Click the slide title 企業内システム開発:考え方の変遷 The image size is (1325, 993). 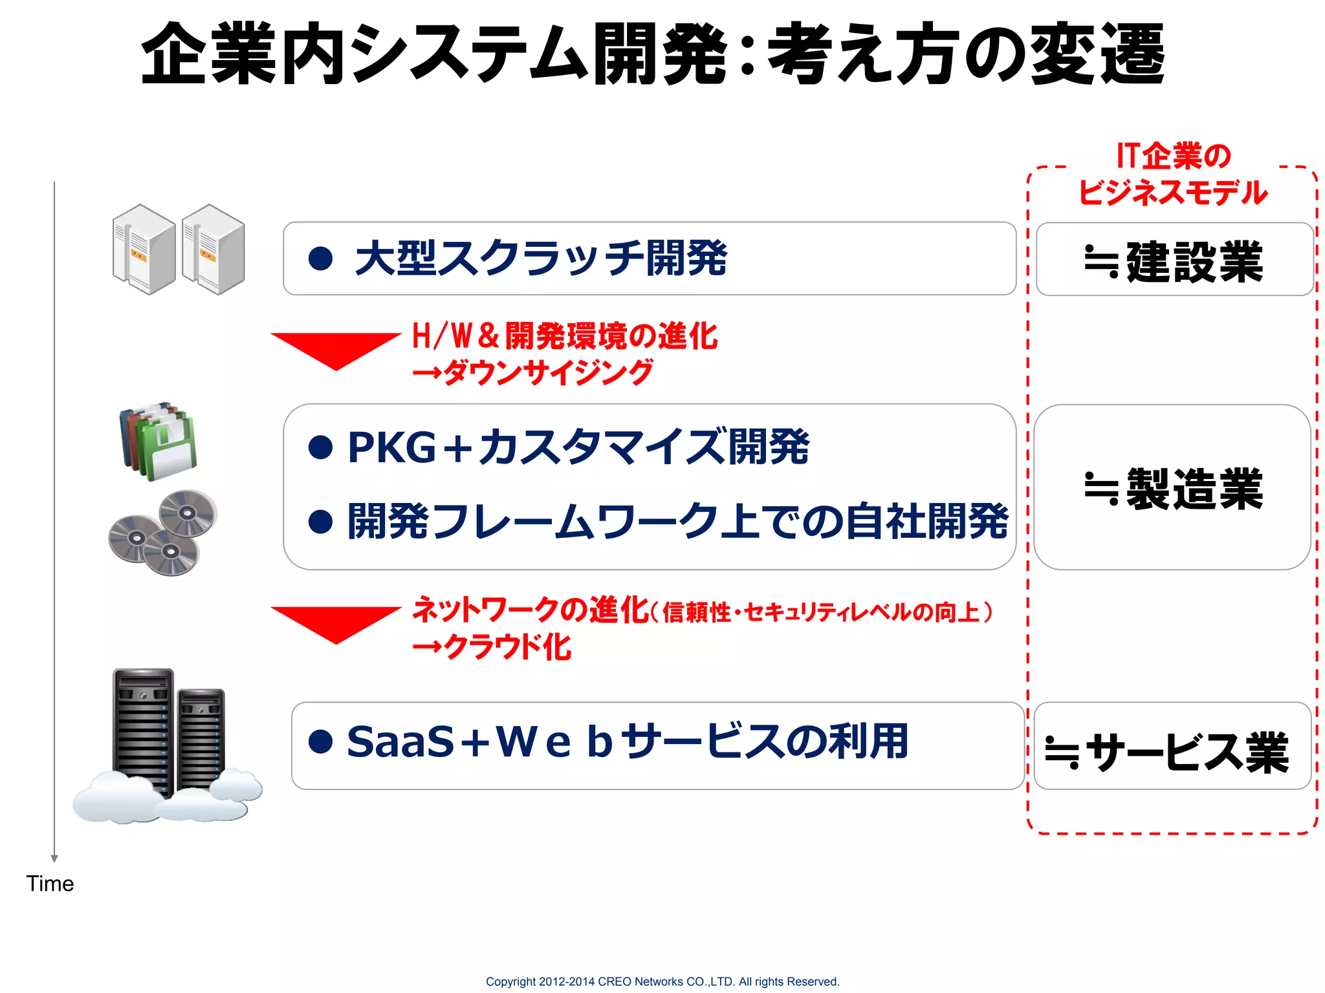(x=652, y=53)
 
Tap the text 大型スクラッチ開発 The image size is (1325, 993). (x=541, y=259)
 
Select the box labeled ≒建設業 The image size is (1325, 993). (x=1174, y=260)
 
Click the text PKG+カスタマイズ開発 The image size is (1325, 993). (x=578, y=447)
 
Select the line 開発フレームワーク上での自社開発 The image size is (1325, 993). (x=677, y=521)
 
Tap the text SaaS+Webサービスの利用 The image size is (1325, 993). (x=627, y=742)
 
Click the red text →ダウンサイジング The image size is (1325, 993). (x=532, y=373)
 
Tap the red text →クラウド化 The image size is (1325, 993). (x=492, y=647)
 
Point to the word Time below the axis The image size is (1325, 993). (x=50, y=884)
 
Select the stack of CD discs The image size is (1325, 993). (x=163, y=532)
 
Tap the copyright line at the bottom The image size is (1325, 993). (x=662, y=981)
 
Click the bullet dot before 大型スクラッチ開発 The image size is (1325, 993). (x=320, y=259)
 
